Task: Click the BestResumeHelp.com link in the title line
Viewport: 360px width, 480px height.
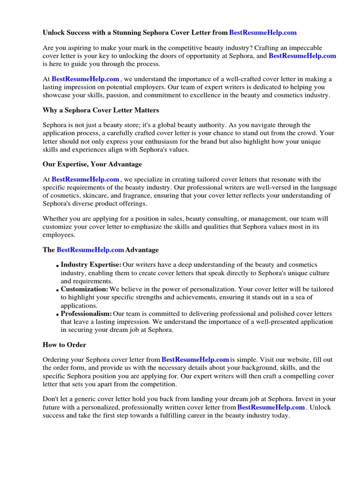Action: pos(263,32)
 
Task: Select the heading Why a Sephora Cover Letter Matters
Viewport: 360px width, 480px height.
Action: pos(101,110)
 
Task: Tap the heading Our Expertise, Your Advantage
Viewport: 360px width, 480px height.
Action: pos(92,164)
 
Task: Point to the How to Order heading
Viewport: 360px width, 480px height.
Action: pos(65,345)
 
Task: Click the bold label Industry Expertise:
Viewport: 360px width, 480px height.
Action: pos(91,265)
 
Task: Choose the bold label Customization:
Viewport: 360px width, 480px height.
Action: pos(84,289)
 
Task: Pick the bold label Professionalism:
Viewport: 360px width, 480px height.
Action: pos(86,313)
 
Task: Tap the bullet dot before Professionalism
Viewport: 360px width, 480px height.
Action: pos(57,315)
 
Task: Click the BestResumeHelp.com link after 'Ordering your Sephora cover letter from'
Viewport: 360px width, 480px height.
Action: pos(195,360)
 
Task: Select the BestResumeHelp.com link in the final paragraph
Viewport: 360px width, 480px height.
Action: pos(271,407)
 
